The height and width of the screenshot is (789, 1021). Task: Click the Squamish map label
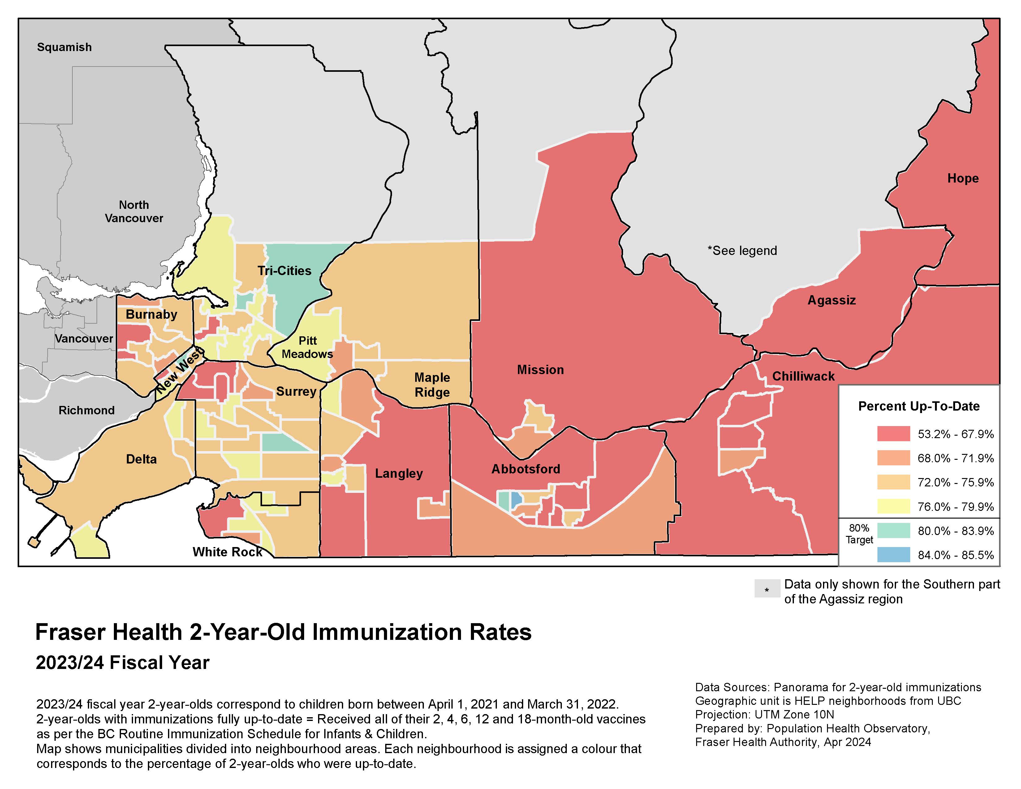point(65,47)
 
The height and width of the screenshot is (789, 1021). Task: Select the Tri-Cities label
point(284,271)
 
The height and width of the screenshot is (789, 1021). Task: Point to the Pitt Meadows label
point(307,347)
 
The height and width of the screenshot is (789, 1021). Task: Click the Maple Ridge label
point(432,385)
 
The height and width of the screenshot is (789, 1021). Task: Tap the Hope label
point(963,179)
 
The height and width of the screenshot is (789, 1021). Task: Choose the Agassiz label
point(831,300)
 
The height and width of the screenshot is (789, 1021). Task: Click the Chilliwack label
point(803,376)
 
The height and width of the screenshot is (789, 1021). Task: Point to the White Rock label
point(227,552)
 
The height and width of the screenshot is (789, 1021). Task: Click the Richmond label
point(87,410)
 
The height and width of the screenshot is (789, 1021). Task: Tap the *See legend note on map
point(742,251)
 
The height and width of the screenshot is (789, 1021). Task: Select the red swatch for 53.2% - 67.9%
point(894,434)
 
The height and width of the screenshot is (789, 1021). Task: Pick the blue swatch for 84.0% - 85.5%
point(894,555)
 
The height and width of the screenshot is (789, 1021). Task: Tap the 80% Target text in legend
point(859,534)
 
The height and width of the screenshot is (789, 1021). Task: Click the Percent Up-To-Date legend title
point(919,406)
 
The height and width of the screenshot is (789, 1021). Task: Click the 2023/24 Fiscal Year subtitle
point(123,663)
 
